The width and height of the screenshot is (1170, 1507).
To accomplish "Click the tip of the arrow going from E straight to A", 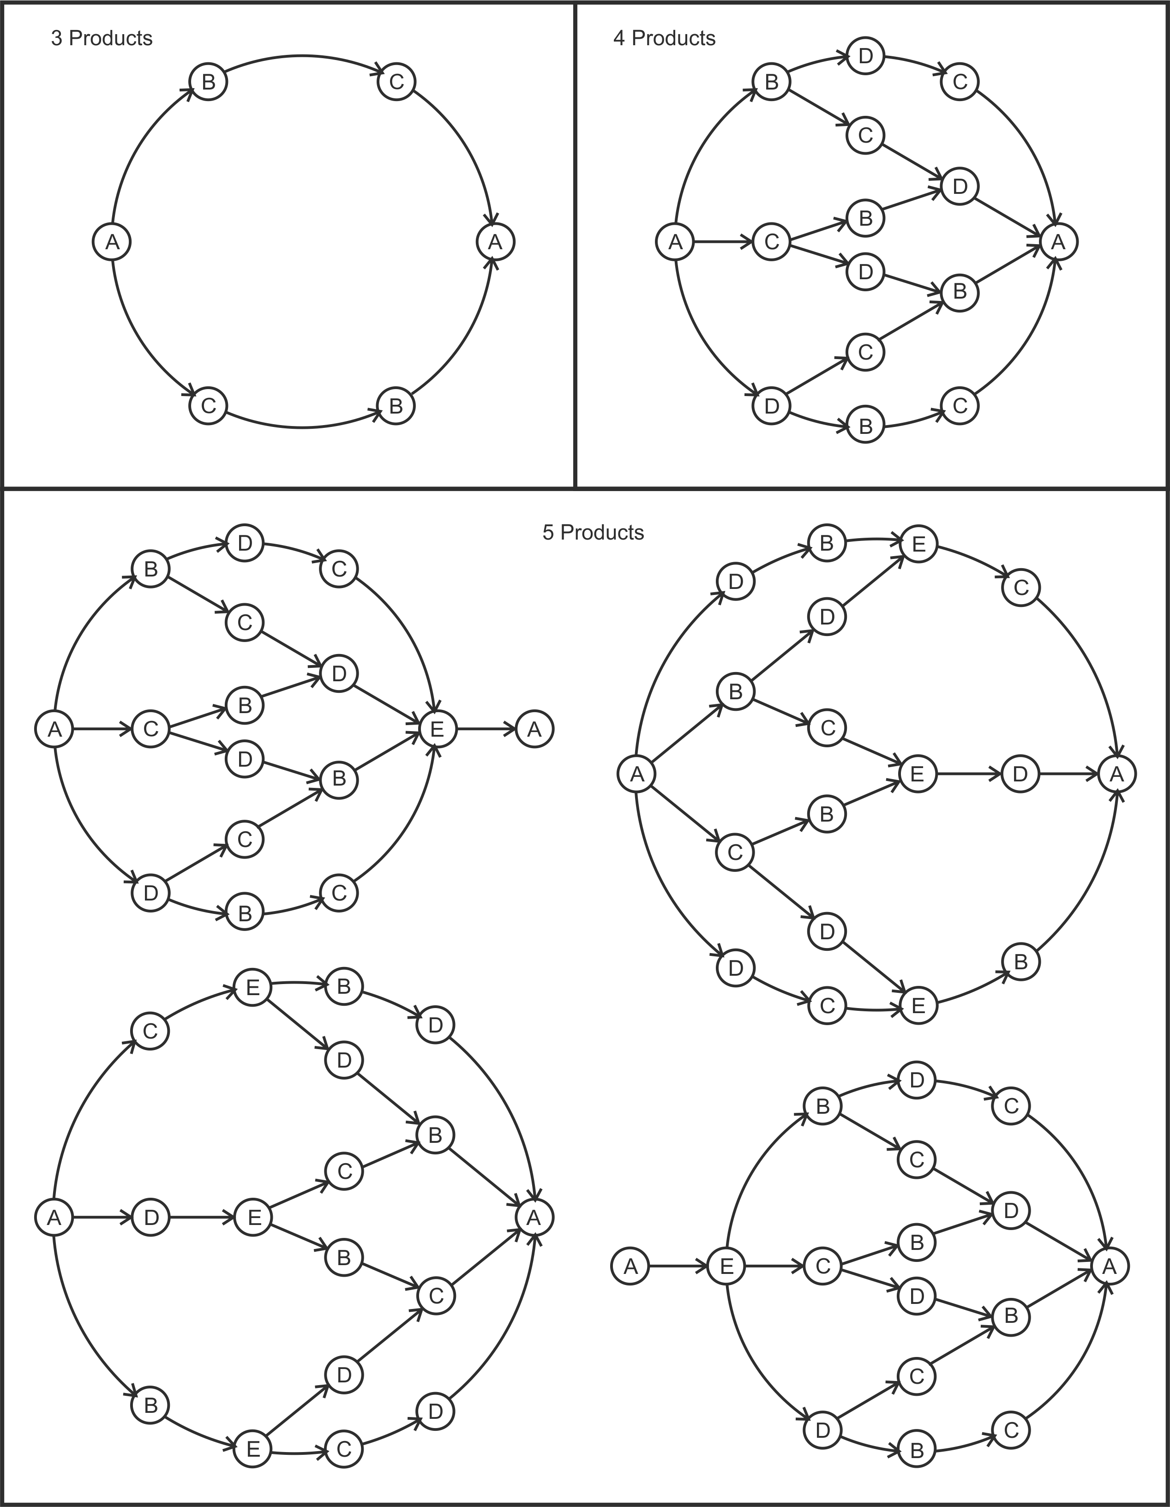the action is pos(516,729).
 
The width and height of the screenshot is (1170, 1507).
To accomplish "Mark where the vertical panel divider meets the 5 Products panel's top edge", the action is pos(576,488).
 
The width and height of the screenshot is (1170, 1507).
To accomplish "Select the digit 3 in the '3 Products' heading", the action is pos(56,38).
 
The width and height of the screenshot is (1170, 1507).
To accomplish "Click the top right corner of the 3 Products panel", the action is pos(576,3).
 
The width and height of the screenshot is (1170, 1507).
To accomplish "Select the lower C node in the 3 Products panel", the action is pos(208,406).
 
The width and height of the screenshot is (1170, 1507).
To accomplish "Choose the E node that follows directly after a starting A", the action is pos(726,1266).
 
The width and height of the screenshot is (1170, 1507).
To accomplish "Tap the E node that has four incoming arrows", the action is pos(438,729).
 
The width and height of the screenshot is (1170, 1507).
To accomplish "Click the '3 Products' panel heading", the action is pos(102,38).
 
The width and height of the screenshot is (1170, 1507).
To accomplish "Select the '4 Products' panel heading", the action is pos(664,38).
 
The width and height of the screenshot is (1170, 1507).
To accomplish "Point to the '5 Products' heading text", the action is pos(593,533).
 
